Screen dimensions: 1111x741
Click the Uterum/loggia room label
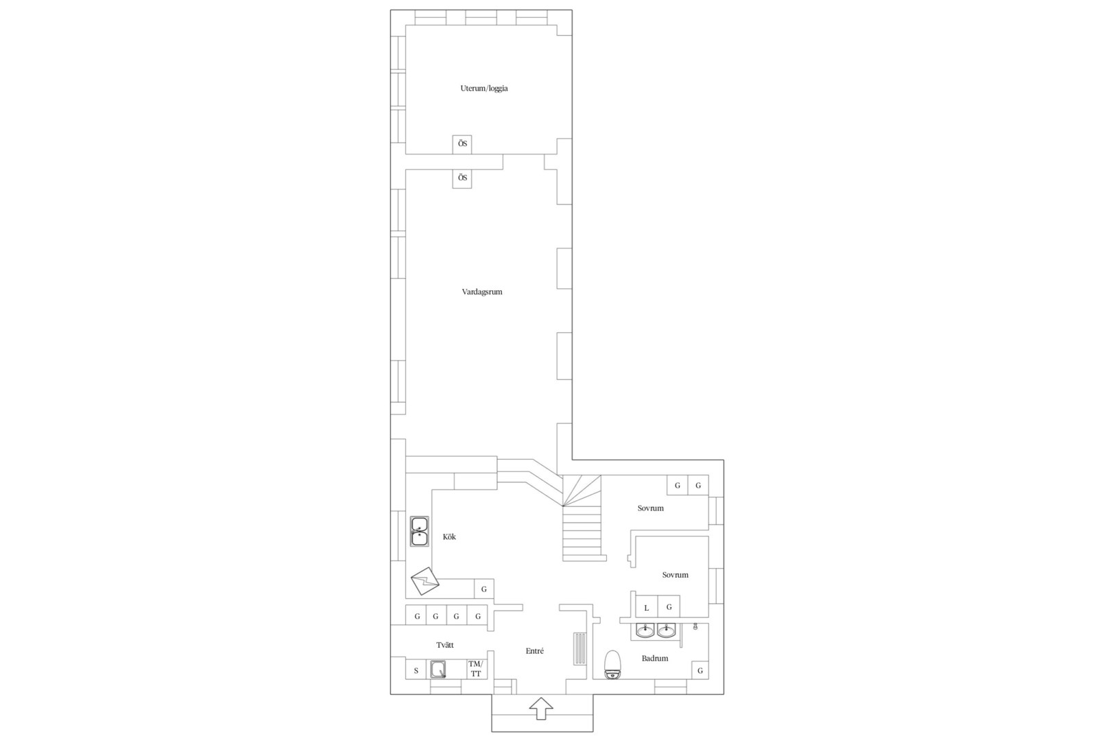(x=484, y=89)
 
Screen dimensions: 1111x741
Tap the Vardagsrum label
(x=482, y=292)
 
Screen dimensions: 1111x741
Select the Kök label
(x=449, y=537)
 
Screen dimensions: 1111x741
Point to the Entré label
(x=535, y=650)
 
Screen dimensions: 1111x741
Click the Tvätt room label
(x=445, y=645)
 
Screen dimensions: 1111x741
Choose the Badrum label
(x=655, y=658)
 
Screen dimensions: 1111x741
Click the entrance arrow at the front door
(x=541, y=708)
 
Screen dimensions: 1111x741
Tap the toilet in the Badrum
(x=613, y=665)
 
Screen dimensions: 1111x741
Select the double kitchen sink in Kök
(x=420, y=531)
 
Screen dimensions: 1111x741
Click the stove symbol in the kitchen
(x=425, y=580)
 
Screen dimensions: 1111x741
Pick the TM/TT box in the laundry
(x=476, y=668)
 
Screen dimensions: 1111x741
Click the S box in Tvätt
(x=416, y=670)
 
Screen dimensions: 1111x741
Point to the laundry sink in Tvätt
(x=438, y=669)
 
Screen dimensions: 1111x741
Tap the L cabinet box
(x=646, y=607)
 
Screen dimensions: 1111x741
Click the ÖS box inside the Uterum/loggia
(x=462, y=144)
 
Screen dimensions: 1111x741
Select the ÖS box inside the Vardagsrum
(x=462, y=178)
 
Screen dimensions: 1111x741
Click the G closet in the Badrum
(x=700, y=670)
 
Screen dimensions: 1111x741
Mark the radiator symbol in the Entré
(x=580, y=648)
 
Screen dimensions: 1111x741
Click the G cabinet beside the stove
(x=484, y=589)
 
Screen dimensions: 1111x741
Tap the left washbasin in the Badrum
(x=645, y=631)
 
